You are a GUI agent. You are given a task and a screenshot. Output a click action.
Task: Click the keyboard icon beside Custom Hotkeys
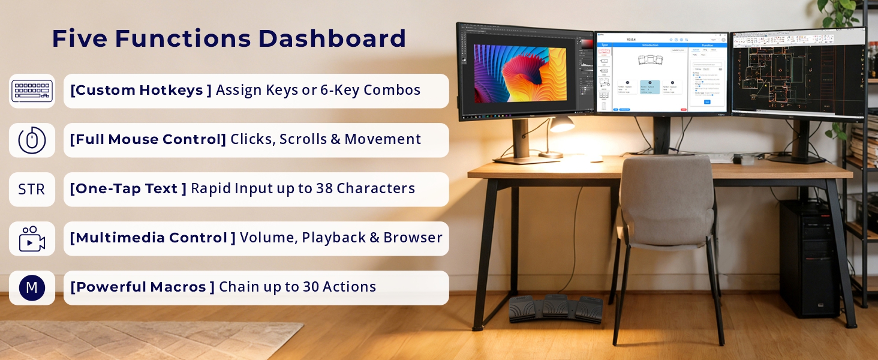[x=32, y=91]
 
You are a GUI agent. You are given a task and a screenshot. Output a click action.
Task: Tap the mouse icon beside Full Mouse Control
[x=32, y=140]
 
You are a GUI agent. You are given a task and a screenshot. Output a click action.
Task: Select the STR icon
[x=32, y=190]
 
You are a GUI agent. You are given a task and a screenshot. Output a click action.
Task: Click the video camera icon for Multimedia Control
[x=32, y=239]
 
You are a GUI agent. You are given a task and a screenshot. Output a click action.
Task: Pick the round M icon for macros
[x=32, y=288]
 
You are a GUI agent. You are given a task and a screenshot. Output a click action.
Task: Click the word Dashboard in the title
[x=332, y=39]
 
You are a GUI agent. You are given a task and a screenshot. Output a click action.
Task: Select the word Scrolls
[x=302, y=139]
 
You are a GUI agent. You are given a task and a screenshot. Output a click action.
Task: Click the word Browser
[x=413, y=238]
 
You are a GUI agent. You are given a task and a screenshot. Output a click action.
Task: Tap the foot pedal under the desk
[x=555, y=308]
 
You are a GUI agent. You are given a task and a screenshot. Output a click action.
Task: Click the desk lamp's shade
[x=562, y=124]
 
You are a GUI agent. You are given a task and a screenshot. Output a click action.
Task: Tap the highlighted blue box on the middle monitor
[x=650, y=87]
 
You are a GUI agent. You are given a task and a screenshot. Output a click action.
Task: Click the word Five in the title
[x=79, y=39]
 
